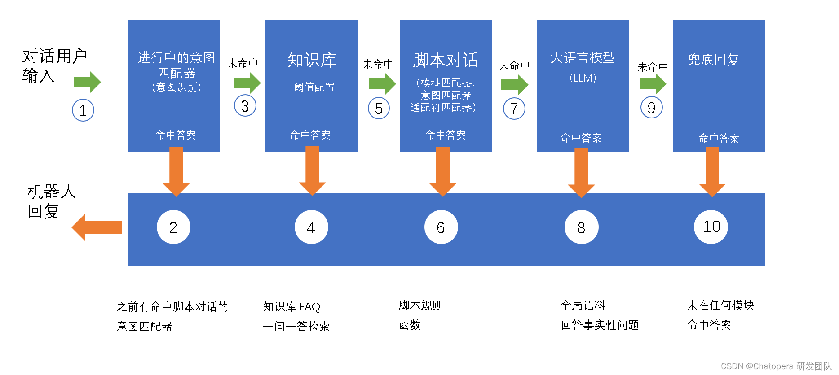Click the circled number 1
pyautogui.click(x=83, y=110)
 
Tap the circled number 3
pyautogui.click(x=245, y=106)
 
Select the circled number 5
pyautogui.click(x=379, y=108)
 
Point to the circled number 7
pyautogui.click(x=514, y=109)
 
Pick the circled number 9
pyautogui.click(x=652, y=108)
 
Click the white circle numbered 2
pyautogui.click(x=173, y=227)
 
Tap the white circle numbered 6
pyautogui.click(x=441, y=227)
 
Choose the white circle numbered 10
pyautogui.click(x=711, y=227)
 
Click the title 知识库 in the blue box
pyautogui.click(x=312, y=60)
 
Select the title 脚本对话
pyautogui.click(x=446, y=60)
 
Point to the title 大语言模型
pyautogui.click(x=583, y=58)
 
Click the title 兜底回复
pyautogui.click(x=713, y=60)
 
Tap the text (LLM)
pyautogui.click(x=583, y=78)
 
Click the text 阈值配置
pyautogui.click(x=314, y=87)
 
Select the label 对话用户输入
pyautogui.click(x=54, y=66)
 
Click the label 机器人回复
pyautogui.click(x=51, y=201)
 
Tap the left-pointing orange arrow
pyautogui.click(x=97, y=227)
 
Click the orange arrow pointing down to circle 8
pyautogui.click(x=581, y=172)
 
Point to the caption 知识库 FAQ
pyautogui.click(x=291, y=307)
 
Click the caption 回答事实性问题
pyautogui.click(x=600, y=325)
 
